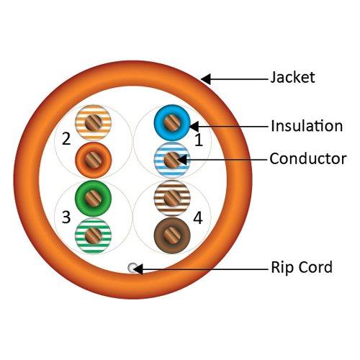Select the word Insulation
click(x=306, y=126)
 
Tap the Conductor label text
click(x=307, y=158)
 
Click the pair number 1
click(x=199, y=141)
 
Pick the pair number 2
click(x=66, y=138)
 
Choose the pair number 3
click(x=66, y=217)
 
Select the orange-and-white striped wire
click(x=92, y=123)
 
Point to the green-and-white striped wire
click(x=92, y=234)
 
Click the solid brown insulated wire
click(x=172, y=233)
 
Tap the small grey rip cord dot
click(x=131, y=268)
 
